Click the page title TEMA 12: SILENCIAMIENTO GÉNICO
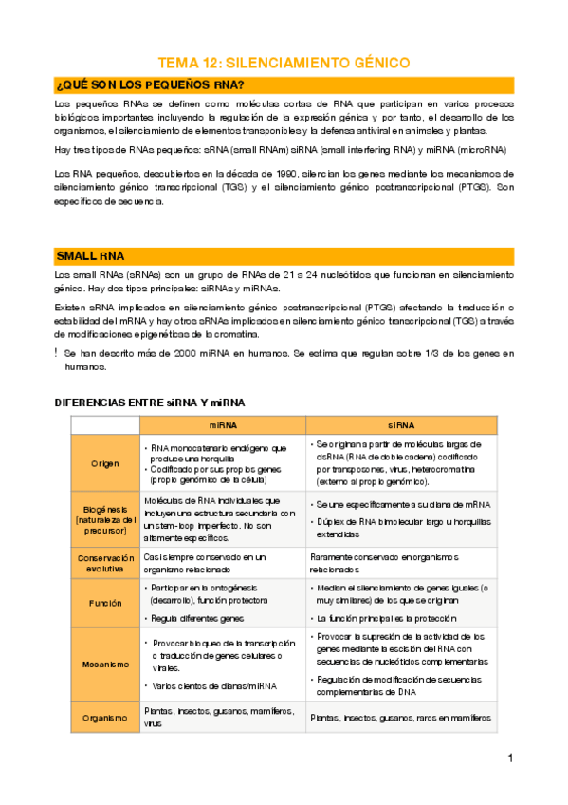point(284,63)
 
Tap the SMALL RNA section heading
point(97,256)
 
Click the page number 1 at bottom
point(510,758)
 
